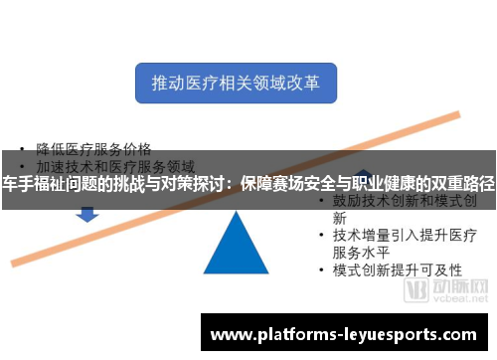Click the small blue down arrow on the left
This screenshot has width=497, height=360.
[87, 213]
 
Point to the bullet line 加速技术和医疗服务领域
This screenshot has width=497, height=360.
[114, 166]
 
